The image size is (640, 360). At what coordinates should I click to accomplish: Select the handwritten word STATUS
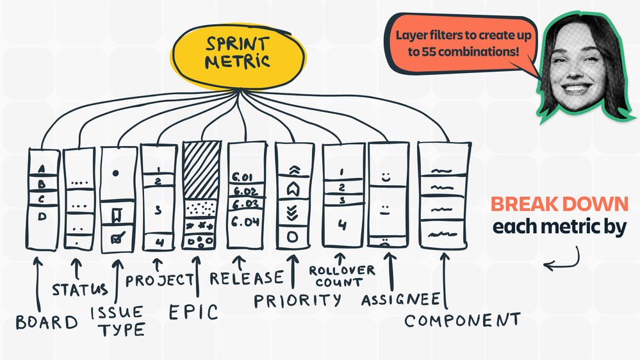point(80,290)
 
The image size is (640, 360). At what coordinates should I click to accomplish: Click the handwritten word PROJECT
point(159,280)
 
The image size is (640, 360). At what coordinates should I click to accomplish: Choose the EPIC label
point(194,313)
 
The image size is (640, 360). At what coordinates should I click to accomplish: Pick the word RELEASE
point(246,278)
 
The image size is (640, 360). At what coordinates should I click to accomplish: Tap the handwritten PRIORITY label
point(297,300)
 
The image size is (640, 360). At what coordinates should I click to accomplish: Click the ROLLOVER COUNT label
point(341,276)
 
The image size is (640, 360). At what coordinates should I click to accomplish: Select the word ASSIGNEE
point(400,299)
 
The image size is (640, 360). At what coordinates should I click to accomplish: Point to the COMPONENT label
point(461,320)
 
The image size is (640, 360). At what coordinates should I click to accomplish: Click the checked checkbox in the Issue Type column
point(118,238)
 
